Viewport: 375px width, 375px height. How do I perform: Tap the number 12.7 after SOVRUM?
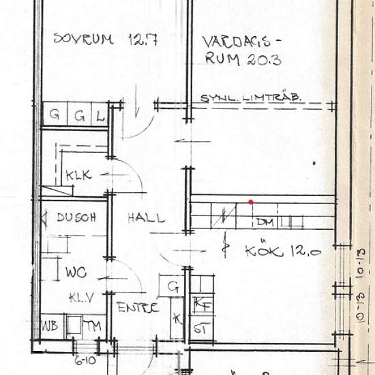[x=142, y=40]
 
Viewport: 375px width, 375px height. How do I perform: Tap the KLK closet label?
[x=79, y=175]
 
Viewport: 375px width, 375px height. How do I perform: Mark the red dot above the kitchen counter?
[x=252, y=202]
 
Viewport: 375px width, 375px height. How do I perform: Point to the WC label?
[x=75, y=273]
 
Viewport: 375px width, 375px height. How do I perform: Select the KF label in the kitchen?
[x=200, y=304]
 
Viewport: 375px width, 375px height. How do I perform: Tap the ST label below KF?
[x=200, y=328]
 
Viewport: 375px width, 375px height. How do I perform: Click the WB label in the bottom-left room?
[x=49, y=325]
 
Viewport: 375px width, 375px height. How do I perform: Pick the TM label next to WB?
[x=93, y=326]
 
